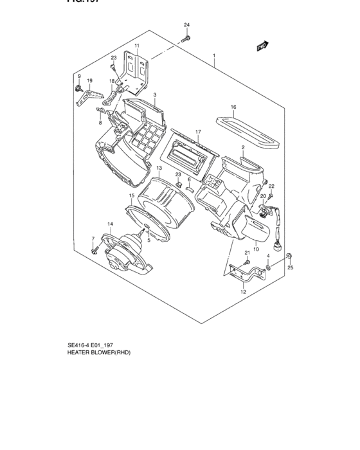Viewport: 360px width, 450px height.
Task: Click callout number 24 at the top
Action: (x=187, y=25)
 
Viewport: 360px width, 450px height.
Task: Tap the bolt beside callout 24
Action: (x=186, y=39)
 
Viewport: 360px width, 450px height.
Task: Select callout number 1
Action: (x=214, y=57)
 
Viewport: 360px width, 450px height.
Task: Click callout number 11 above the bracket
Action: (x=136, y=46)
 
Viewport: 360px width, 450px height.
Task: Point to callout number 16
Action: (x=233, y=107)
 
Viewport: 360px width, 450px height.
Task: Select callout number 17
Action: (x=199, y=132)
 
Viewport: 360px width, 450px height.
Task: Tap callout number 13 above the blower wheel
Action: (x=157, y=168)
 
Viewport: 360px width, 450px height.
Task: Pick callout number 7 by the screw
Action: (x=93, y=239)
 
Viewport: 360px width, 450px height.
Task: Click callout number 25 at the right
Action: (x=290, y=267)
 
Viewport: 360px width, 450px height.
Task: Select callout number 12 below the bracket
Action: (x=243, y=292)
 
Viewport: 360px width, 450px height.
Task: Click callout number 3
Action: (x=155, y=95)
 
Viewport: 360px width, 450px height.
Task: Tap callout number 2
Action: (x=243, y=148)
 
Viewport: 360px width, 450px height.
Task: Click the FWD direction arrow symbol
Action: (x=262, y=46)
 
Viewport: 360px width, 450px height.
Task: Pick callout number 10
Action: (x=256, y=249)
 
